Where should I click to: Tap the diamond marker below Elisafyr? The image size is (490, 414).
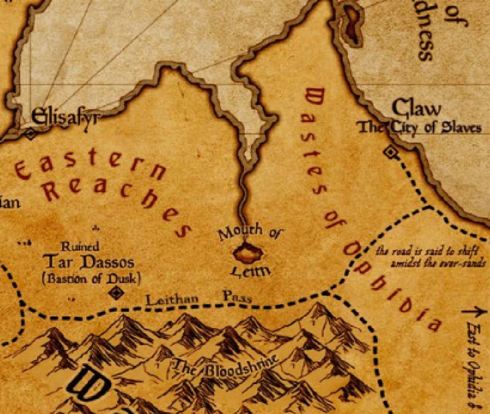31,133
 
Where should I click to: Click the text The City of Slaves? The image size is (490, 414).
420,128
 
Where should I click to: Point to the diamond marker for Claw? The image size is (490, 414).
391,153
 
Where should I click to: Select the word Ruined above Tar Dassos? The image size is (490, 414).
80,246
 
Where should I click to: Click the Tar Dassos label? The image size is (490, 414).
89,263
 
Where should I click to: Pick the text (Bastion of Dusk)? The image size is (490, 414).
91,278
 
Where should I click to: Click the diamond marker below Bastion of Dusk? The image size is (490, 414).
117,293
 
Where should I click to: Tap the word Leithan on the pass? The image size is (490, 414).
172,300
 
